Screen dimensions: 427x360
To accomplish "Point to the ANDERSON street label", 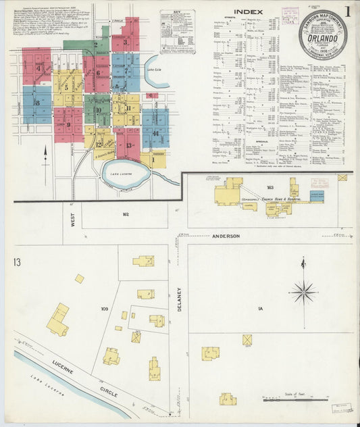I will (226, 236).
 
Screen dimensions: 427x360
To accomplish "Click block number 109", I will (105, 309).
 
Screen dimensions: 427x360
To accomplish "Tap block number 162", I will (125, 214).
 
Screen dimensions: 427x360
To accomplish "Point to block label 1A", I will (259, 309).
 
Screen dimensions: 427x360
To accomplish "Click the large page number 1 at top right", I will (347, 11).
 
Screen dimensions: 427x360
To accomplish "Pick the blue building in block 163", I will (316, 195).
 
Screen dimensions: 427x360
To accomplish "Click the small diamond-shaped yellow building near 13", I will (80, 278).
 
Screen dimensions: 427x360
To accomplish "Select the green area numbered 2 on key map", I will (96, 46).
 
